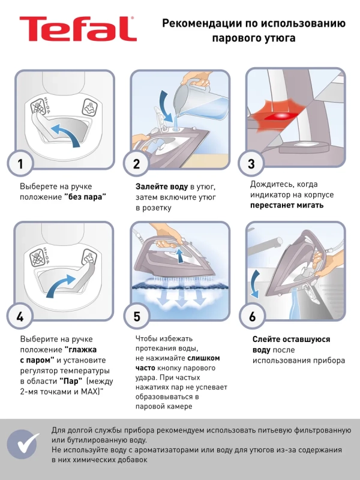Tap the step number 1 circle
(21, 163)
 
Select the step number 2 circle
(137, 163)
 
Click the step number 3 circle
(253, 163)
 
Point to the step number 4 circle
(21, 316)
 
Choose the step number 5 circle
(137, 316)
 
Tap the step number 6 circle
(253, 316)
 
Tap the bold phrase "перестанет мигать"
(287, 205)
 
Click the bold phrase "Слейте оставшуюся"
(290, 339)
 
